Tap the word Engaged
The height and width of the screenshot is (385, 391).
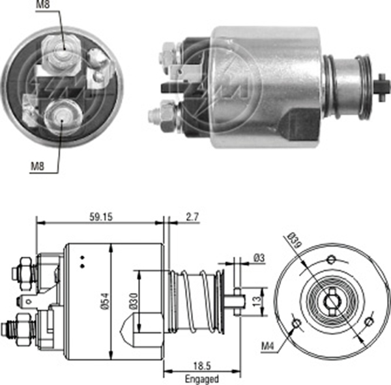(201, 378)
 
